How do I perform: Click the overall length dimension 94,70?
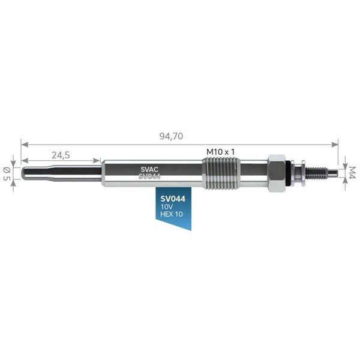(x=171, y=136)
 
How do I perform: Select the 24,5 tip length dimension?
(x=61, y=155)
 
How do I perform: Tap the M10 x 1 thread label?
(x=220, y=152)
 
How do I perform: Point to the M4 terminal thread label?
(x=352, y=173)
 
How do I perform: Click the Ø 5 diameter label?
(x=7, y=173)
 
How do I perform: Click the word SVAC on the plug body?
(x=149, y=169)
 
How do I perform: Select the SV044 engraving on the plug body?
(x=149, y=176)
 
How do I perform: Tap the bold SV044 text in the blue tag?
(x=173, y=199)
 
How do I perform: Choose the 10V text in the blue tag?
(x=167, y=207)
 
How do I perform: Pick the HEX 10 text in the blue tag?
(x=172, y=214)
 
